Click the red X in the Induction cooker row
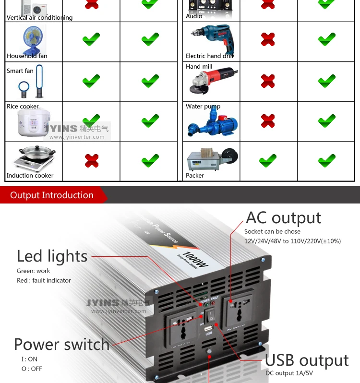pyautogui.click(x=91, y=160)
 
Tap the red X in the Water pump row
pyautogui.click(x=268, y=120)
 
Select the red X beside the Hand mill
pyautogui.click(x=268, y=81)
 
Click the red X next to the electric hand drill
pyautogui.click(x=268, y=39)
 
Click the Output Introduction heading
pyautogui.click(x=52, y=195)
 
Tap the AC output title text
pyautogui.click(x=283, y=218)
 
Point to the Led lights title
pyautogui.click(x=52, y=256)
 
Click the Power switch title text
pyautogui.click(x=61, y=345)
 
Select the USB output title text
pyautogui.click(x=307, y=360)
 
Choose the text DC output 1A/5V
pyautogui.click(x=289, y=372)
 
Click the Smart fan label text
pyautogui.click(x=20, y=71)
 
